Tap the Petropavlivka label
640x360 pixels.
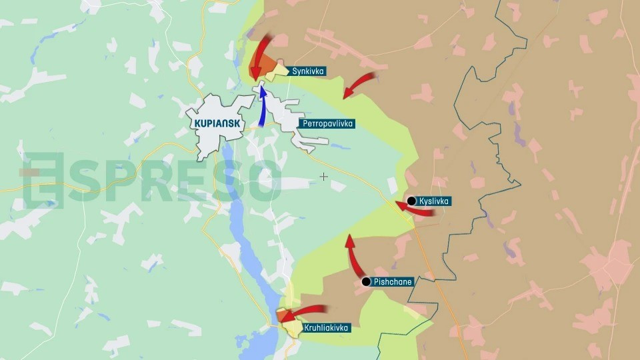pos(327,124)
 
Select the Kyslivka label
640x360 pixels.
pos(435,201)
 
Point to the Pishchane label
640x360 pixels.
pos(393,282)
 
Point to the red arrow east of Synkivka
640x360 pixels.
pos(360,83)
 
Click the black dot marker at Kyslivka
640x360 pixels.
pos(411,201)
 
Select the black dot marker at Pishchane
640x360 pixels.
pos(366,282)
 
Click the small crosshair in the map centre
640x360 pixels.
pos(324,177)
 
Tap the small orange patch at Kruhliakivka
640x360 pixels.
pos(283,315)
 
